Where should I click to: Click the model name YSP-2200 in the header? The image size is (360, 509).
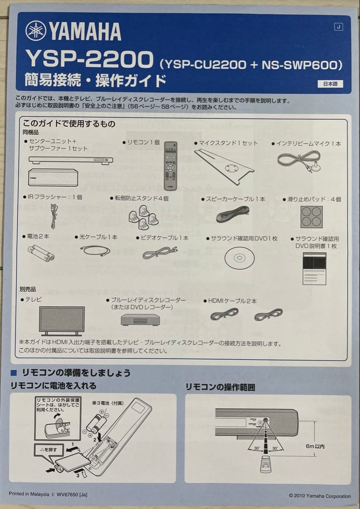click(x=90, y=60)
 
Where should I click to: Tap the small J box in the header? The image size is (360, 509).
click(x=338, y=27)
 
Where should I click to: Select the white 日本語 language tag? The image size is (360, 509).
click(x=330, y=84)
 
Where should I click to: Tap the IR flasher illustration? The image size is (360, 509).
click(x=54, y=215)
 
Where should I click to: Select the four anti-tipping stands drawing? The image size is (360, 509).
click(x=142, y=216)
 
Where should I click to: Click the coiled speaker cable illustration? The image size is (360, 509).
click(x=232, y=214)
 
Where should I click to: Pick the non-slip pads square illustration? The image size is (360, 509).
click(x=311, y=217)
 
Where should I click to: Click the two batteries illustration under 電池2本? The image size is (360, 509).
click(x=41, y=253)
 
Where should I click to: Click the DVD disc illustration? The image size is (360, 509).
click(x=239, y=258)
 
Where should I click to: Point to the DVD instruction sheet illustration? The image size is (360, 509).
click(x=314, y=268)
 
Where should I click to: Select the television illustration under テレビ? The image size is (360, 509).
click(x=62, y=320)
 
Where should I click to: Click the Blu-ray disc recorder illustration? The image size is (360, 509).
click(x=140, y=320)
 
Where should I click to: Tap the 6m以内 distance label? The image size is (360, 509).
click(x=315, y=446)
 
